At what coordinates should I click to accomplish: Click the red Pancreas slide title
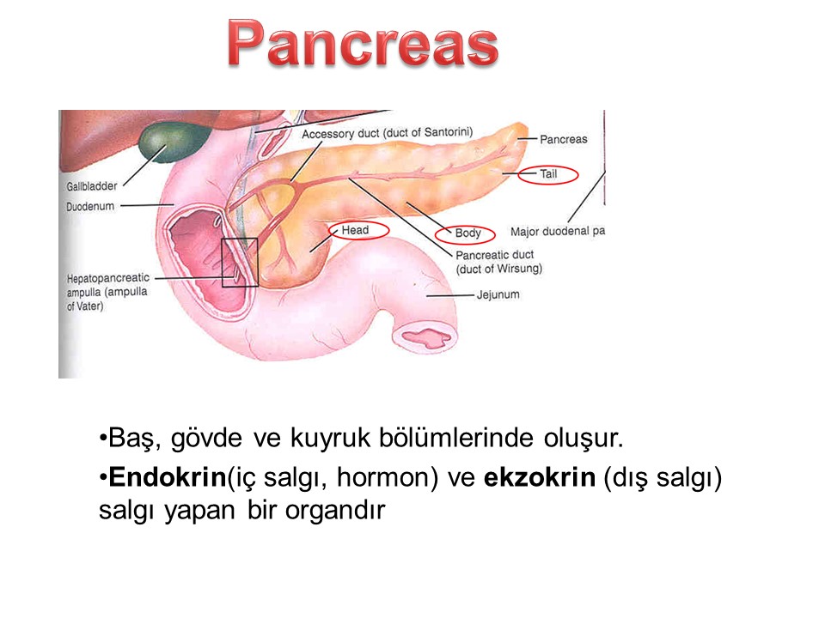point(363,43)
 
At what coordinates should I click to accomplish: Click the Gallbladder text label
point(92,186)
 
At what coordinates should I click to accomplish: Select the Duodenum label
point(90,207)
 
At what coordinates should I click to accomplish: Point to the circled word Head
point(355,230)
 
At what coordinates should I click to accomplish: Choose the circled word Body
point(467,233)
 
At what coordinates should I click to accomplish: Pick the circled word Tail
point(548,174)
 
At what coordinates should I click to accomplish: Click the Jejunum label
point(498,294)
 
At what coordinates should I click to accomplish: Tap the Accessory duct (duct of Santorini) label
point(388,133)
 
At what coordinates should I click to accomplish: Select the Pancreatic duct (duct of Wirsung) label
point(498,262)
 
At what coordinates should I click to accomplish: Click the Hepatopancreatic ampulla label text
point(107,292)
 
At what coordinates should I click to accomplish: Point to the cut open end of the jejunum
point(425,337)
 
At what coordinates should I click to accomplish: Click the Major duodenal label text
point(557,231)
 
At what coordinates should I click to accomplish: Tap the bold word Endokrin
point(168,477)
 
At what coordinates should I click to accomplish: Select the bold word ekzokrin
point(540,477)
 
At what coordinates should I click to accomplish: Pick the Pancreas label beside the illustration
point(564,139)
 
